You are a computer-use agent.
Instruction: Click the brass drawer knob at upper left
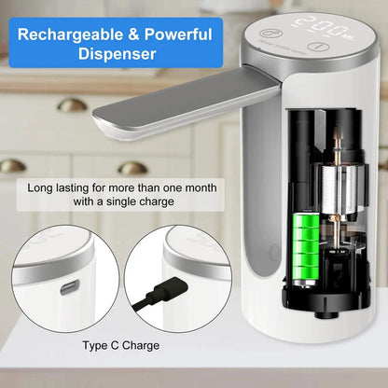[72, 105]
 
